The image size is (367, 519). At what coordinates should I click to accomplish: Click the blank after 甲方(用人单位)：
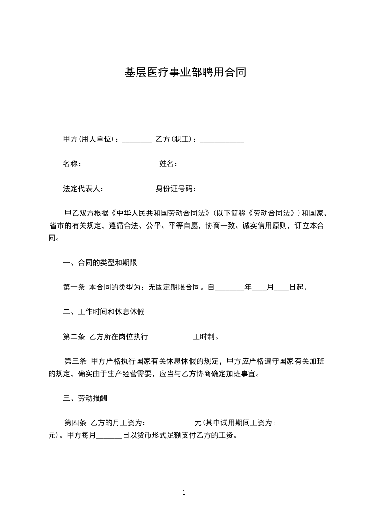(x=137, y=139)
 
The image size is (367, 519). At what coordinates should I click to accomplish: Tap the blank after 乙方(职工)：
(x=222, y=139)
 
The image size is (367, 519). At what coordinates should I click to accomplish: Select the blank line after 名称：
(x=122, y=164)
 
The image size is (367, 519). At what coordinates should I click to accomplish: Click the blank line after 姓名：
(x=218, y=164)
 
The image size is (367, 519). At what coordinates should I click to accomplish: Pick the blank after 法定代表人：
(x=131, y=189)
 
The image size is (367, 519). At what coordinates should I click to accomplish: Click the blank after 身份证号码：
(x=229, y=189)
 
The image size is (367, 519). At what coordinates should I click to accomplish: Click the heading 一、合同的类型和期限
(x=100, y=262)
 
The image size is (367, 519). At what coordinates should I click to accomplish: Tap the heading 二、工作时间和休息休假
(x=104, y=312)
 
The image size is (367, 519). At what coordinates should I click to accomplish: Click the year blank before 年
(x=230, y=287)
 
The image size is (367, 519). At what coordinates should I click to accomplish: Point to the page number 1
(x=184, y=493)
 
